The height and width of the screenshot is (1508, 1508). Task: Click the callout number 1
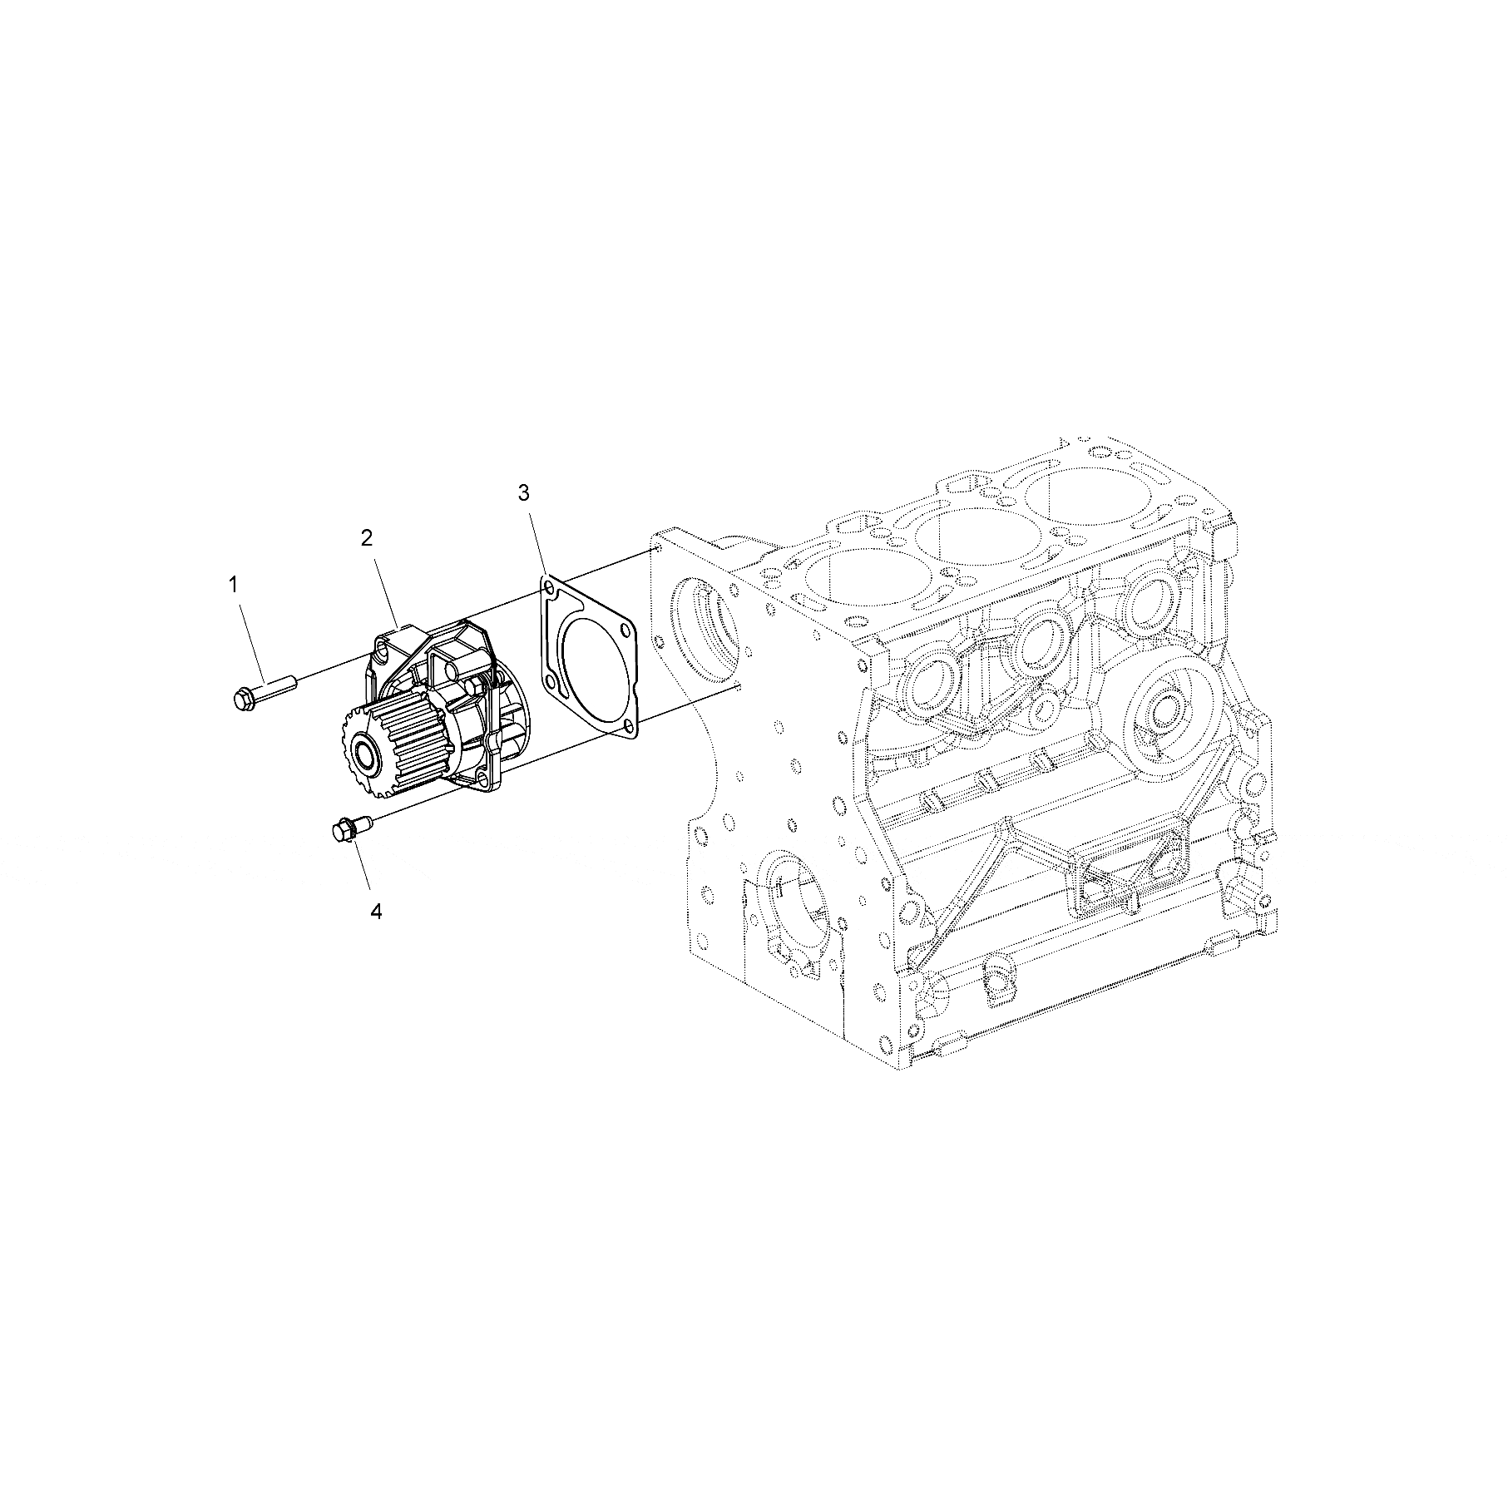pyautogui.click(x=234, y=585)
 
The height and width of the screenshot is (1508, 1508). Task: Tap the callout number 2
pyautogui.click(x=367, y=538)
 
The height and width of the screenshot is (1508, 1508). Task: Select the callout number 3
pyautogui.click(x=523, y=493)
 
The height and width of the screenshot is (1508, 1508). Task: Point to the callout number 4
pyautogui.click(x=376, y=912)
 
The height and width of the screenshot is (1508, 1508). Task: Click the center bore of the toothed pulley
pyautogui.click(x=365, y=758)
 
